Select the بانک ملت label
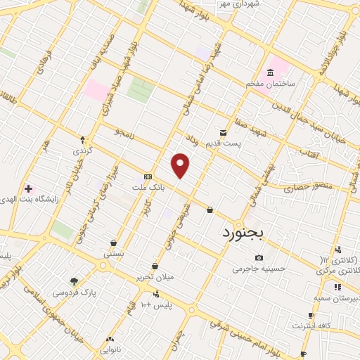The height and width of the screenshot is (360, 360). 148,188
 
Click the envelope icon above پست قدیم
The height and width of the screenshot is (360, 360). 223,132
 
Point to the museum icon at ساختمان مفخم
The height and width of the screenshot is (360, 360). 271,73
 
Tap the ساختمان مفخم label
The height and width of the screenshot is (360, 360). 271,84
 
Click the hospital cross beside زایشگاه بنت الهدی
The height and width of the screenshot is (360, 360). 28,188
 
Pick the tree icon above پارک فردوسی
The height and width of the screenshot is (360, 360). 74,281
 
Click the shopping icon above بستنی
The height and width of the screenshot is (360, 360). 113,242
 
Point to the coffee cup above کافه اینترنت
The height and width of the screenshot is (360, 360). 311,315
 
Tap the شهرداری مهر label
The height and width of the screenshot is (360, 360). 238,4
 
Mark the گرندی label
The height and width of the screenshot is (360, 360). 82,150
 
